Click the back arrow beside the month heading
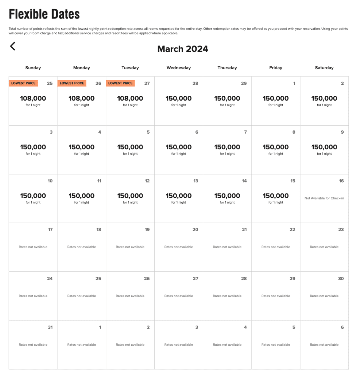pos(13,46)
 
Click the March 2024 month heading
pos(183,49)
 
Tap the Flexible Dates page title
pos(44,15)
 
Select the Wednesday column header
pos(178,68)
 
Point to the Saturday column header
pos(324,68)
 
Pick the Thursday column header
pos(227,68)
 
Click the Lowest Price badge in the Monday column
pos(72,83)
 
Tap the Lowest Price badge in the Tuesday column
pos(120,83)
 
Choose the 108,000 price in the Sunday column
pos(33,98)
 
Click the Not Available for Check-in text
pos(324,199)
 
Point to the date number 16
pos(341,181)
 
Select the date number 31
pos(50,327)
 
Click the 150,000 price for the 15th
pos(276,196)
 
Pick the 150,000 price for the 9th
pos(324,147)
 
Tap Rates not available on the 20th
pos(179,247)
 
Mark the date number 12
pos(147,181)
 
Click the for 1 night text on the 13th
pos(179,203)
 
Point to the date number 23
pos(341,230)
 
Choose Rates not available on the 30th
pos(324,296)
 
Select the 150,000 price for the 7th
pos(227,147)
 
